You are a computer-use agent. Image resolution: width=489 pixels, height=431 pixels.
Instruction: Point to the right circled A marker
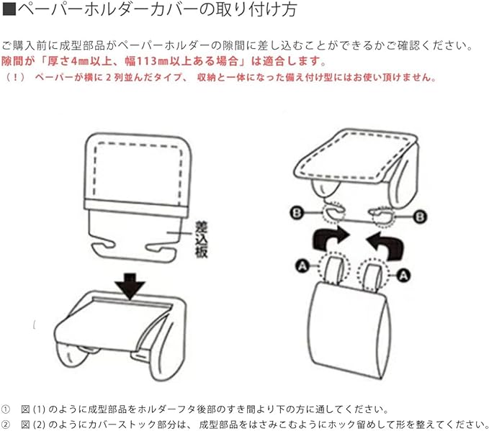tap(405, 273)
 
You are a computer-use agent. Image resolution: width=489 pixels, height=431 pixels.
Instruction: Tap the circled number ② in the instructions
tap(6, 423)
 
